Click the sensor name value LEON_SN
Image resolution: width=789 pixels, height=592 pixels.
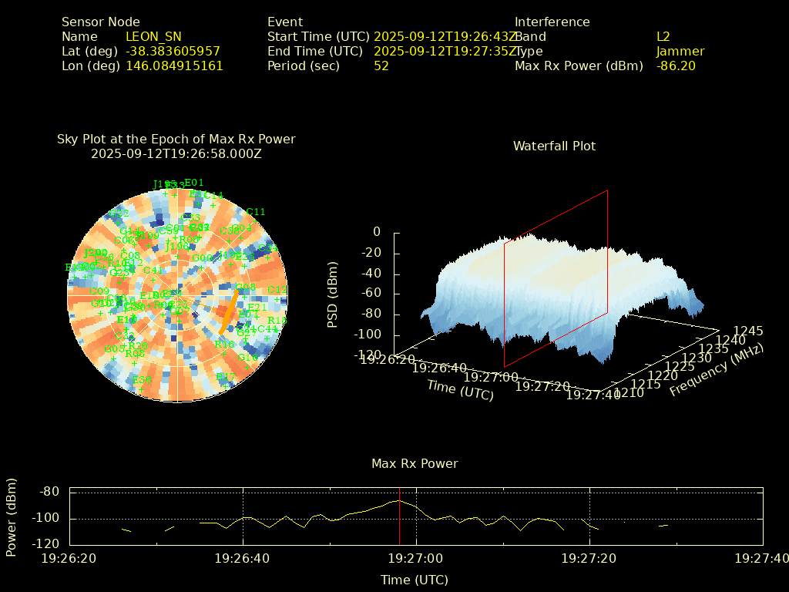[x=153, y=36]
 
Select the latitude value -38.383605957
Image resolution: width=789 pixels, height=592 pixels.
[x=173, y=51]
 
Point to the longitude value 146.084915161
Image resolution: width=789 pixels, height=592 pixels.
[x=174, y=66]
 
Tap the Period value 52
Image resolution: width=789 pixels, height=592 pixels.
[x=381, y=66]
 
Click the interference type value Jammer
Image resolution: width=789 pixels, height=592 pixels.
[x=680, y=51]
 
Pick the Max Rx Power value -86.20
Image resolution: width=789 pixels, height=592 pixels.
[x=676, y=66]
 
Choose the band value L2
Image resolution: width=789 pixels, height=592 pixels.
[x=663, y=36]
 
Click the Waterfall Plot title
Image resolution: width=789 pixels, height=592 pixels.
[x=554, y=146]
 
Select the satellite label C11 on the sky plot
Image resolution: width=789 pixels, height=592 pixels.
[x=256, y=212]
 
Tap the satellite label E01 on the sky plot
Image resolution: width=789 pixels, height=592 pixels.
[x=194, y=183]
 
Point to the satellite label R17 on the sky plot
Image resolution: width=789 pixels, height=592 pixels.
[x=226, y=376]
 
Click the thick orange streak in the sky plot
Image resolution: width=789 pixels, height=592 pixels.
[x=228, y=311]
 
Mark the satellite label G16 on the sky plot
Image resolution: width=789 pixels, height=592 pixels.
[x=248, y=358]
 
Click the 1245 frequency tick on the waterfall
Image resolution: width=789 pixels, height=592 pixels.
[x=748, y=331]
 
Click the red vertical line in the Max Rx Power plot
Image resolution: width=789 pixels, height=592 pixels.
[x=400, y=516]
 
